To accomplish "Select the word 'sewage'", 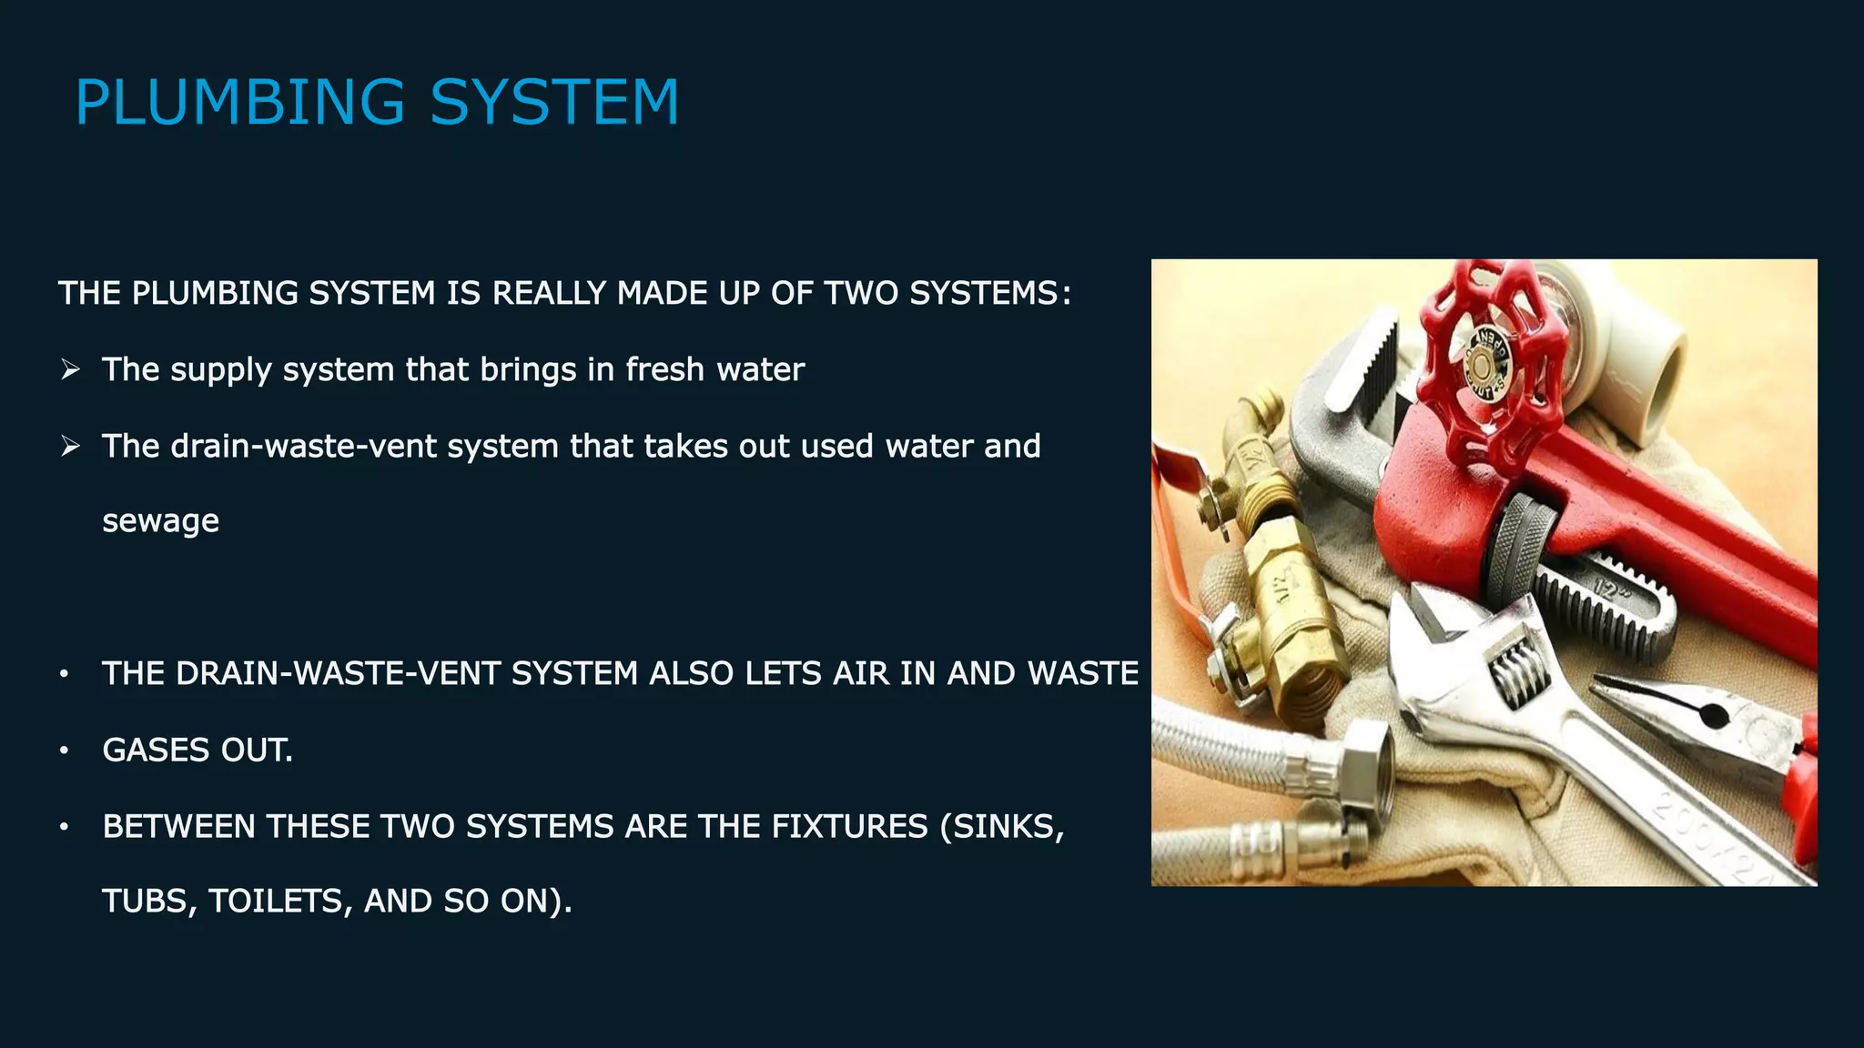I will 160,521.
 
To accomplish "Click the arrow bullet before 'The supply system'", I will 70,369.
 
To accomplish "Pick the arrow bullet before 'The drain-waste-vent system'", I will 70,446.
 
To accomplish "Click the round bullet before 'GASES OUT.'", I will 64,751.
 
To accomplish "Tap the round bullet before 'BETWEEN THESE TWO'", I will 64,827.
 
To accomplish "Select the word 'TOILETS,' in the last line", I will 280,902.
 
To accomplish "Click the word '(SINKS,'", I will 1001,827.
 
